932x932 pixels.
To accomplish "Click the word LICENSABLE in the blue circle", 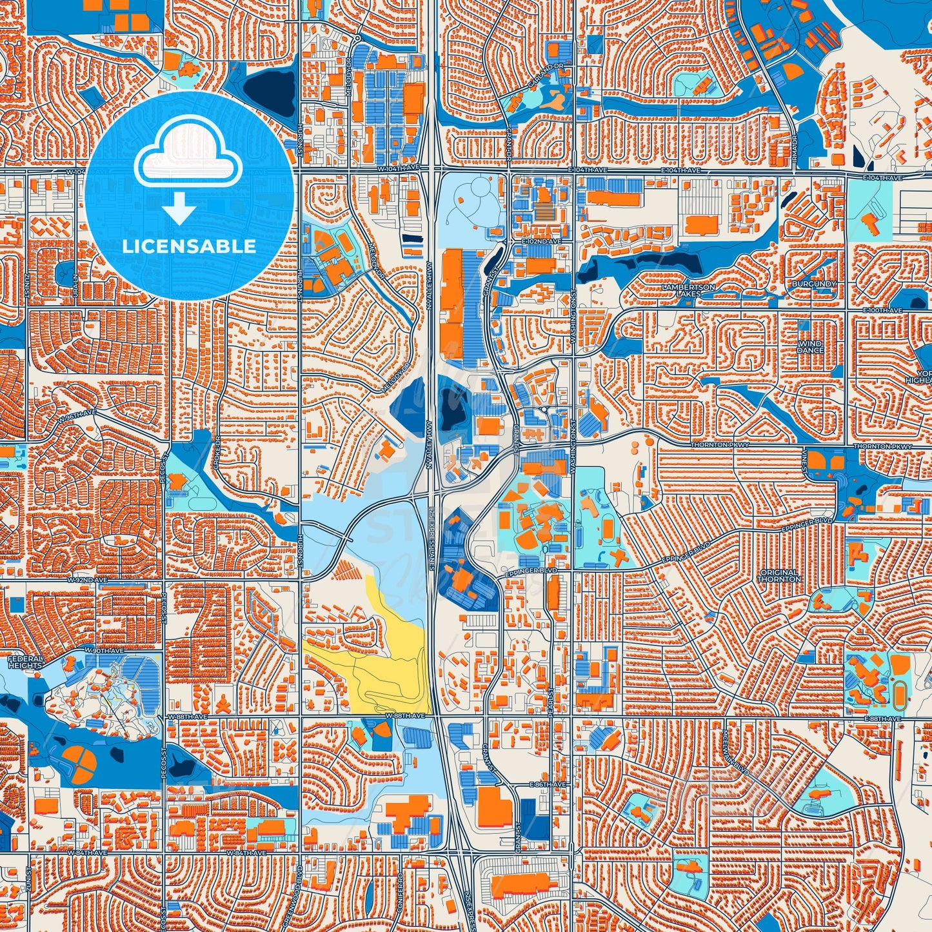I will (189, 246).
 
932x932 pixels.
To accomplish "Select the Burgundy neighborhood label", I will (815, 284).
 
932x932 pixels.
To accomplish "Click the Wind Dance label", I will (810, 347).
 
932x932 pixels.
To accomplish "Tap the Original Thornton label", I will (779, 575).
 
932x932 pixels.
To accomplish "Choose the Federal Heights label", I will (25, 662).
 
